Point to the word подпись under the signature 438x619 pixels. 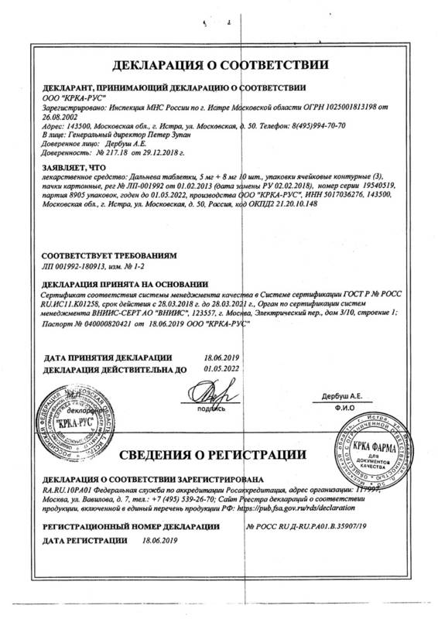point(210,408)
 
